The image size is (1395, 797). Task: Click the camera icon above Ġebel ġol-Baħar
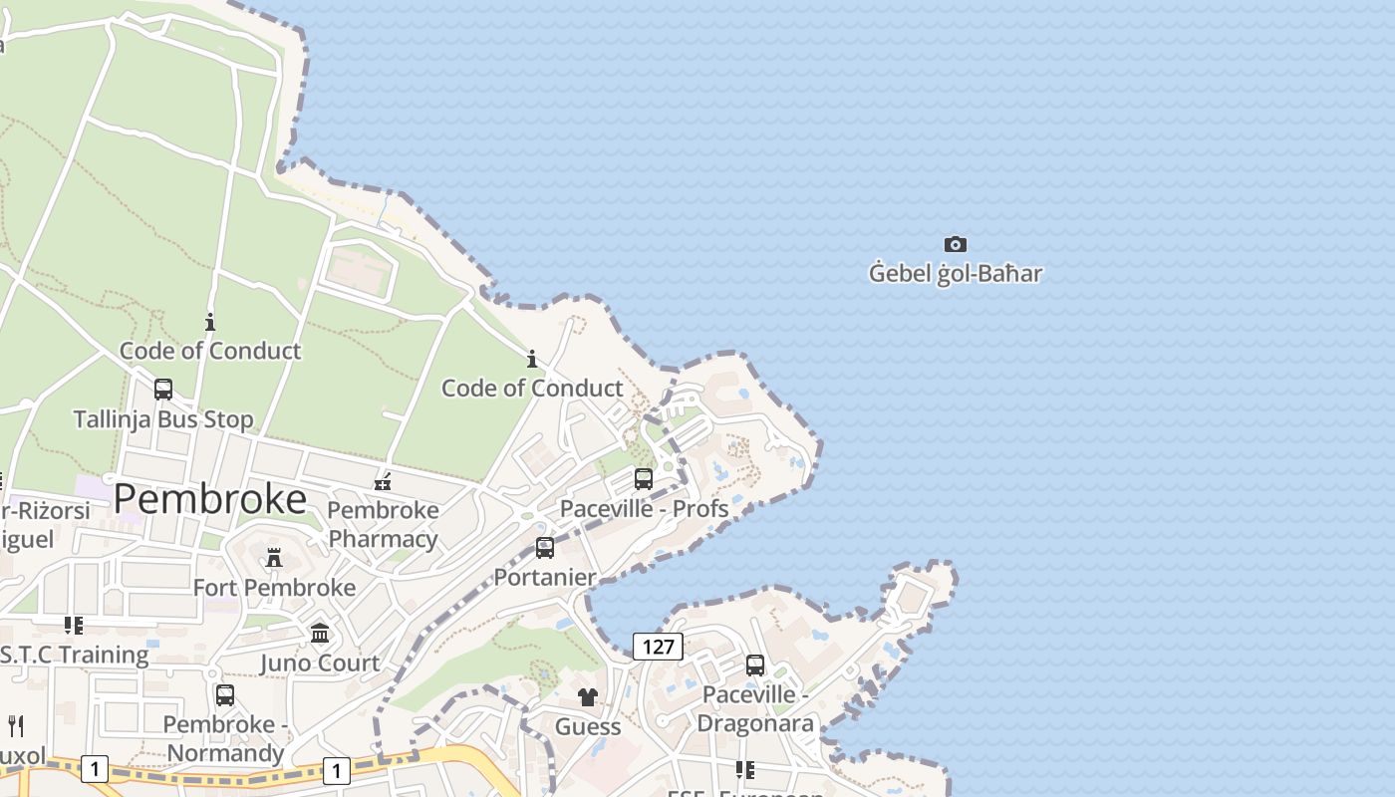(x=955, y=244)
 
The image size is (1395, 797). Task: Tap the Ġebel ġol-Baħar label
(x=955, y=273)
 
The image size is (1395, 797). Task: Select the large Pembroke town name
(x=209, y=499)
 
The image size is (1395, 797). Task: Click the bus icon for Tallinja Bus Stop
(x=163, y=390)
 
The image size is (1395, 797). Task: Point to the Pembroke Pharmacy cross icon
(x=383, y=483)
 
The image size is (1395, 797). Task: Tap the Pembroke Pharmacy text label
(x=383, y=524)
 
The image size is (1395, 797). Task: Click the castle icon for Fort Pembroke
(x=274, y=557)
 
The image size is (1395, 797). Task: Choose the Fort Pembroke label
(x=274, y=587)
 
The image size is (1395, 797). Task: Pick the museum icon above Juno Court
(x=320, y=634)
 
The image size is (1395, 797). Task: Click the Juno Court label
(x=320, y=663)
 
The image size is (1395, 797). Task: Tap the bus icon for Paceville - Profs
(x=644, y=479)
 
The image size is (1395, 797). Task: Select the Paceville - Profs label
(x=644, y=508)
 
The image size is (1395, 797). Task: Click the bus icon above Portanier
(x=545, y=548)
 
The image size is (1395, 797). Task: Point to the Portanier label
(x=545, y=577)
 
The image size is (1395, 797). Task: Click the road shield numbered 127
(x=658, y=647)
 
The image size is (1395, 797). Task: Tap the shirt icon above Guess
(x=588, y=697)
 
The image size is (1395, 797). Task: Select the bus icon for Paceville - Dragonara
(x=755, y=665)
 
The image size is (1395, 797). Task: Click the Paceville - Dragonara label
(x=755, y=708)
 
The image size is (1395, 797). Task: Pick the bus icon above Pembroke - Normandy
(x=225, y=695)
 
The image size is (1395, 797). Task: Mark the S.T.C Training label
(x=74, y=655)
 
